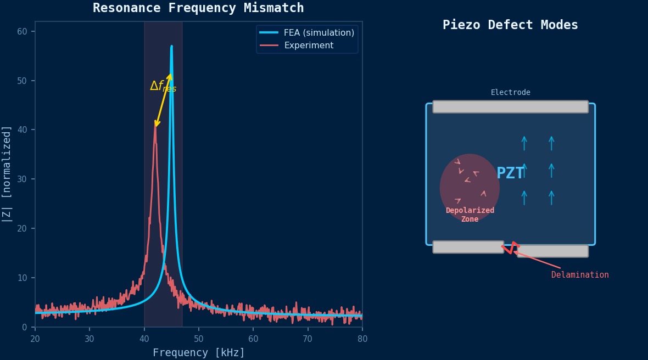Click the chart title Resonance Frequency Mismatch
coord(198,8)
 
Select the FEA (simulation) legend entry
coord(319,33)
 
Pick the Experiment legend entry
coord(308,46)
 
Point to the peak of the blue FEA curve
coord(171,47)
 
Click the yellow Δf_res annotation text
coord(163,87)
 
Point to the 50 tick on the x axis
coord(199,339)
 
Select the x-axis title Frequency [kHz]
coord(199,353)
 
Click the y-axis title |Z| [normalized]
coord(7,174)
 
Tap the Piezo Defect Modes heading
coord(510,25)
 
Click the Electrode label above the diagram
coord(510,93)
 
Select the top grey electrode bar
coord(510,106)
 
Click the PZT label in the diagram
coord(510,173)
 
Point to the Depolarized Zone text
coord(470,215)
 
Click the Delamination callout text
coord(580,275)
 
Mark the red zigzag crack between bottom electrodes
coord(510,248)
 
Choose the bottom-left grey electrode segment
coord(468,247)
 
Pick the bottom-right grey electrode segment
coord(552,251)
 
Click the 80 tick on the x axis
coord(362,339)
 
